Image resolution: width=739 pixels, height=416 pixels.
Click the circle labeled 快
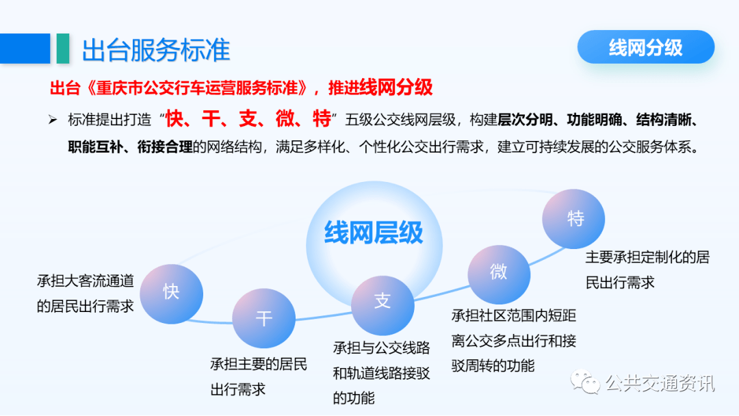pos(172,294)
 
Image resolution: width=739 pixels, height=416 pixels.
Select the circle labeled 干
pos(264,318)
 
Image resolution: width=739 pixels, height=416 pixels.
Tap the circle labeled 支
pos(383,305)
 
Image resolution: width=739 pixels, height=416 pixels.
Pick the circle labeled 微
pos(499,274)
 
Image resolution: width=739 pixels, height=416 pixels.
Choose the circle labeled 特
pos(573,219)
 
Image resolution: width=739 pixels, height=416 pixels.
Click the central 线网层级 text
pos(374,233)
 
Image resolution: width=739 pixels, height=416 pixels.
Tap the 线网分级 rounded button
pos(646,47)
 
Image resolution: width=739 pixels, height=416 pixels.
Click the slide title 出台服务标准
pos(156,50)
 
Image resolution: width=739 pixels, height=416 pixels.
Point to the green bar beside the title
pos(63,48)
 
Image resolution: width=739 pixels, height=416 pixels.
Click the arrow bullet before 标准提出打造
pos(52,120)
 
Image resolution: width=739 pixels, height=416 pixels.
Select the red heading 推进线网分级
pos(380,88)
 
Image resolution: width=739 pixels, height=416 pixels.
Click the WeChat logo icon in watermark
pos(585,382)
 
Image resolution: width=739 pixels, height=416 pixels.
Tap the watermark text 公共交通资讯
pos(660,383)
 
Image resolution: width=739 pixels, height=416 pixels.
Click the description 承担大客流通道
pos(86,281)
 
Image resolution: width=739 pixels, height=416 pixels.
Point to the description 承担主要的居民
pos(258,364)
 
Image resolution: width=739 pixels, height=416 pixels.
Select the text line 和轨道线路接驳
pos(381,374)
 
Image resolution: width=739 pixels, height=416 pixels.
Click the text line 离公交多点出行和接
pos(514,341)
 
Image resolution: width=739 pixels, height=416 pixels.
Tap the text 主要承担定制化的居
pos(647,258)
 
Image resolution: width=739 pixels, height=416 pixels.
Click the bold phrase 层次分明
pos(525,120)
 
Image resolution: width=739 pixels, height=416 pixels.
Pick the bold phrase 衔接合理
pos(165,147)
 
